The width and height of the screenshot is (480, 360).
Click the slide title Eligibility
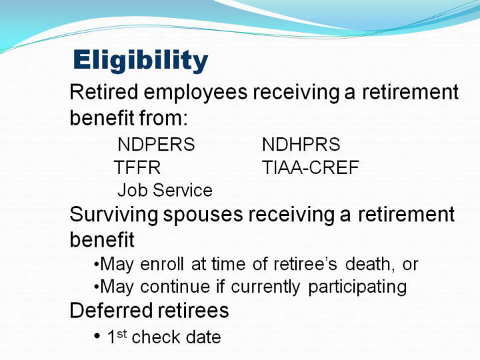(x=141, y=61)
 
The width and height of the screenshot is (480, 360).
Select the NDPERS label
(x=156, y=144)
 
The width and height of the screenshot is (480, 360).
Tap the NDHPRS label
(x=301, y=144)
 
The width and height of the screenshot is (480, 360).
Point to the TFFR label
(x=137, y=167)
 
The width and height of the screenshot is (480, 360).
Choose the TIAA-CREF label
(x=311, y=167)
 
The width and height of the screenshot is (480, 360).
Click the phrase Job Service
(x=165, y=190)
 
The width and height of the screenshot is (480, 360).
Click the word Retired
(x=104, y=92)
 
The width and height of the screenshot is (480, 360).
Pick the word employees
(x=195, y=93)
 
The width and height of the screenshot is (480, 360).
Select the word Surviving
(x=114, y=215)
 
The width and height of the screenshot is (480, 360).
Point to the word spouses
(x=203, y=216)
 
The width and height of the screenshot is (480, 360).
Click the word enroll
(x=162, y=264)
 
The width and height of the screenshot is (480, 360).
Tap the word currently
(x=265, y=288)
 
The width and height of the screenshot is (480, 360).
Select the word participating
(x=357, y=288)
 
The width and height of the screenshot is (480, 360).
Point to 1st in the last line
(x=117, y=336)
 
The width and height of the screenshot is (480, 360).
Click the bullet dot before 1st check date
(x=97, y=337)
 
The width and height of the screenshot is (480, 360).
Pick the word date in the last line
(x=203, y=337)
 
